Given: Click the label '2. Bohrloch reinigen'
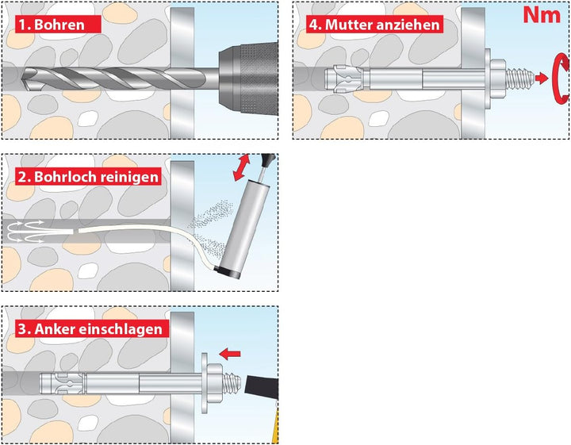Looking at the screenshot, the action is tap(89, 177).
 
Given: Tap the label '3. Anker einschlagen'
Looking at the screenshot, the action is tap(93, 329).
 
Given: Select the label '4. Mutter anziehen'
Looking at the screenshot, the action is tap(374, 25).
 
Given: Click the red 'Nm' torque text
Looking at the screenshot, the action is tap(542, 15).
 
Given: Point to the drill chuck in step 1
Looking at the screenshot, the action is tap(248, 79).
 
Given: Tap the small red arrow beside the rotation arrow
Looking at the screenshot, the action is tap(542, 78).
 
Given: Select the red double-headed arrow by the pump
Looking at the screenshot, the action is tap(241, 167).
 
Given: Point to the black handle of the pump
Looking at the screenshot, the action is tap(268, 159).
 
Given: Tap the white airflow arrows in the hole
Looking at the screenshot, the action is tap(25, 232).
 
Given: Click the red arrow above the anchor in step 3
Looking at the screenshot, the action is tap(230, 353).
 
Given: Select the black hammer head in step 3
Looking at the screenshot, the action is tap(263, 385).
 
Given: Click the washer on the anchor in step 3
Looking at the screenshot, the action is tap(205, 382).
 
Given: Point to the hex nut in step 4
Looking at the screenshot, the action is tap(497, 79).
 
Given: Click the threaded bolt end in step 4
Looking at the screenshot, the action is tap(520, 79).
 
